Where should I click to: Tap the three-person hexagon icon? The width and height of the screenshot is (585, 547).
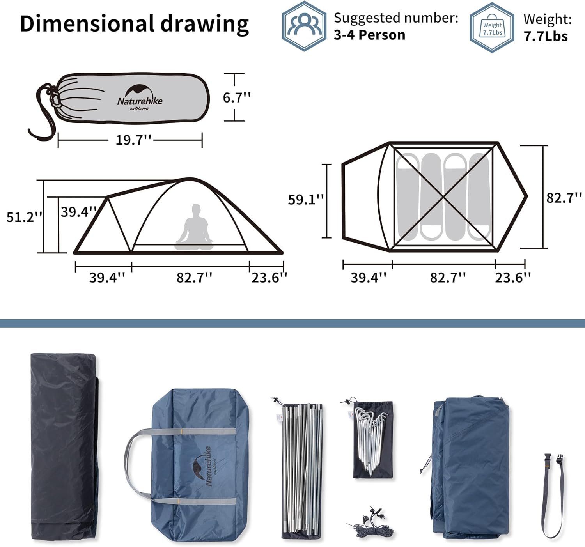pyautogui.click(x=304, y=26)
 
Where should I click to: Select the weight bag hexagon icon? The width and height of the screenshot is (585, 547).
pyautogui.click(x=492, y=27)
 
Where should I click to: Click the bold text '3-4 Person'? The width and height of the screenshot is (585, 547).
pyautogui.click(x=369, y=35)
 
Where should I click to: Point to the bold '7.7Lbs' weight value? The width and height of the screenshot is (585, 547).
pyautogui.click(x=546, y=36)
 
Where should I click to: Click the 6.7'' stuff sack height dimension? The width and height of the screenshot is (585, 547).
pyautogui.click(x=236, y=97)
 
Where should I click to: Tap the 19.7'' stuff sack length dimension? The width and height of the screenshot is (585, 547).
pyautogui.click(x=133, y=140)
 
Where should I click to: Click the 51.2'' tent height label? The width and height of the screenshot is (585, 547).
pyautogui.click(x=24, y=217)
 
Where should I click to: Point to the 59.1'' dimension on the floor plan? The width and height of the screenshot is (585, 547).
pyautogui.click(x=306, y=199)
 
